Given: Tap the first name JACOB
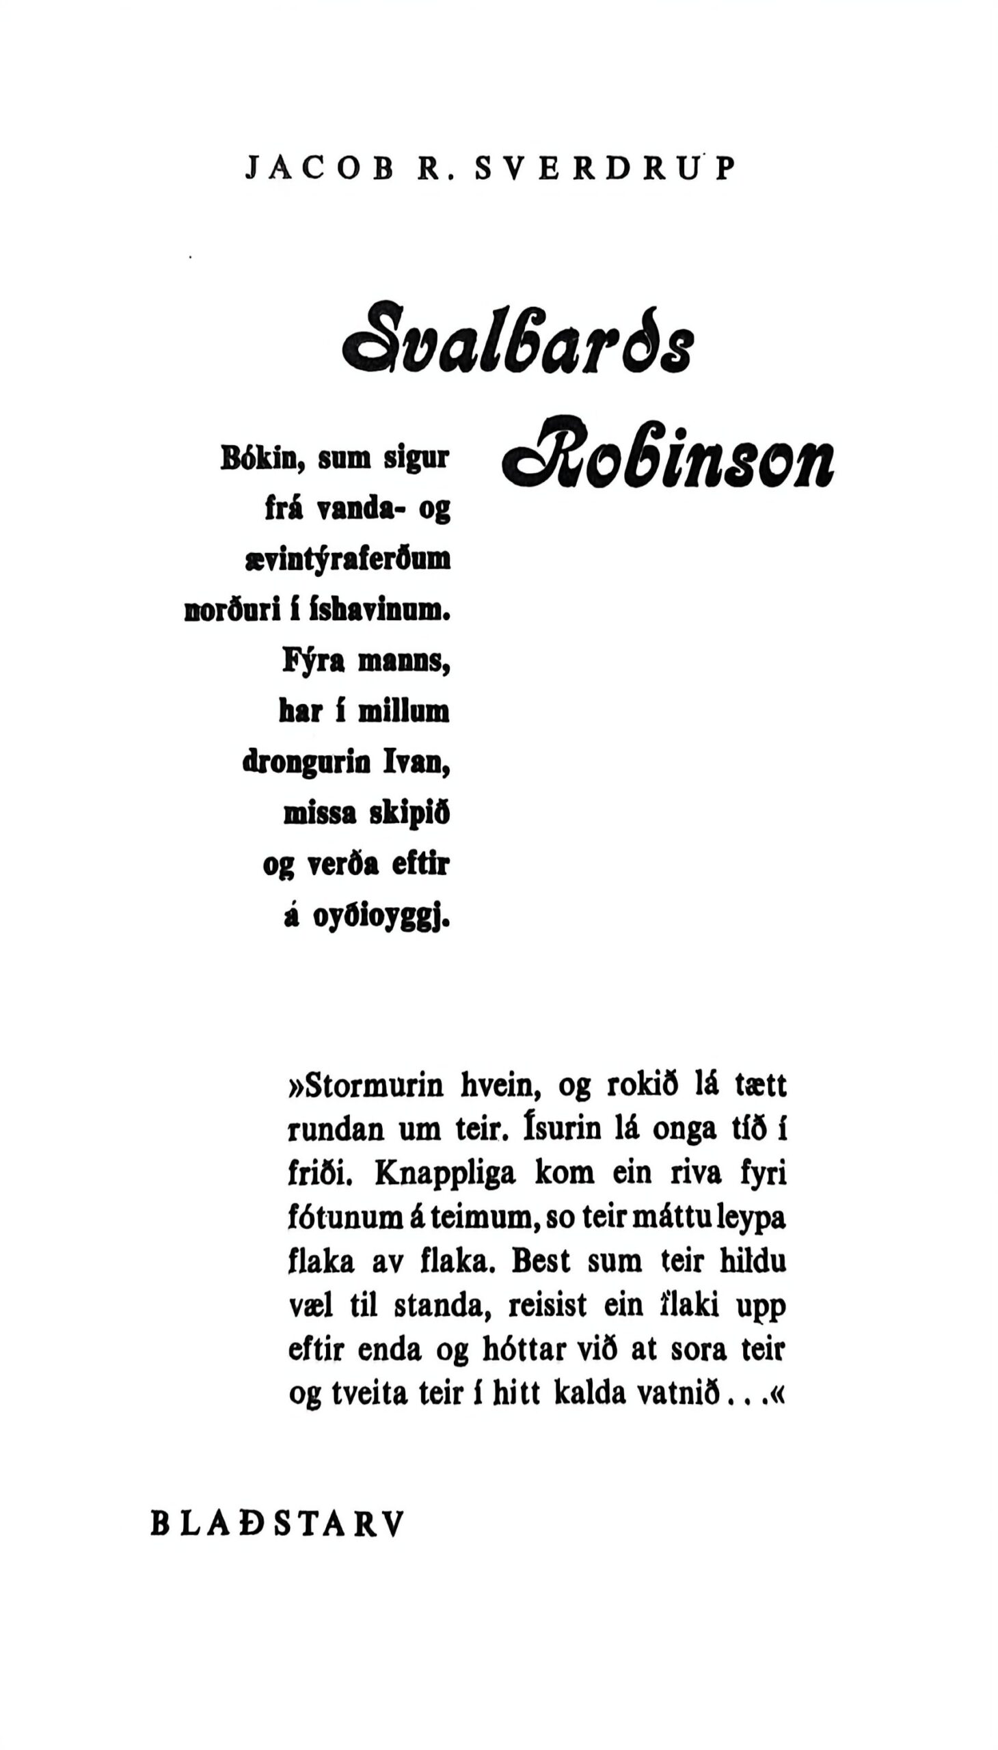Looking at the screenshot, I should pos(319,169).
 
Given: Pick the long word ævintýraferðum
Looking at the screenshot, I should pos(348,560).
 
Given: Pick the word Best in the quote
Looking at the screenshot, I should pos(542,1261).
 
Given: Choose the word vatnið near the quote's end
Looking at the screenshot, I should pos(678,1394).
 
